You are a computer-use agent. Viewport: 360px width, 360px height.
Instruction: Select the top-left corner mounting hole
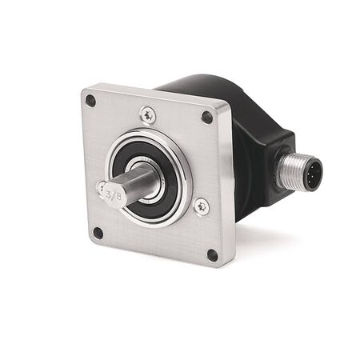point(90,102)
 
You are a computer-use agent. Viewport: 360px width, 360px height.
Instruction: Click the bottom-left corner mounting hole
point(98,233)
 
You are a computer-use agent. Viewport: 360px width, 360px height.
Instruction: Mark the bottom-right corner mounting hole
point(212,255)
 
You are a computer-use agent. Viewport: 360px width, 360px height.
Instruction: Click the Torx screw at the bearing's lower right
point(200,206)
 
